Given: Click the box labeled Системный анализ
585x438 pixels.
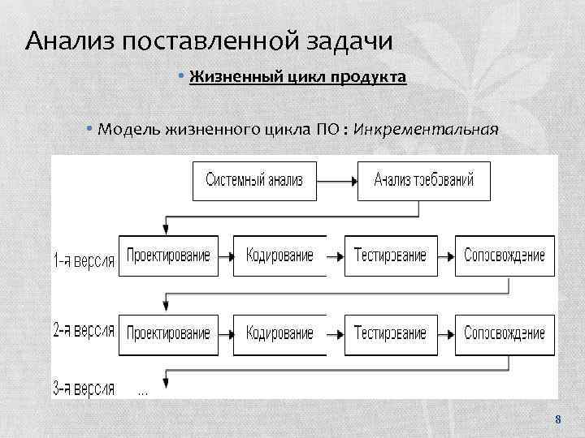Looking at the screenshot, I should (x=254, y=180).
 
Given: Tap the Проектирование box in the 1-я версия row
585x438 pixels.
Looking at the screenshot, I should (x=168, y=255).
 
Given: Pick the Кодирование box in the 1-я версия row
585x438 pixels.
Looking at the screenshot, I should (x=279, y=255).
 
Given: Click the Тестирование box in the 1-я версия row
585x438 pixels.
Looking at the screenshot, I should (x=390, y=255).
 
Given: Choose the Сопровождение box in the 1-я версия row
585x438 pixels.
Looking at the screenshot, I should (x=505, y=255).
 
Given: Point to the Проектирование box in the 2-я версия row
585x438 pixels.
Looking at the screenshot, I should (x=168, y=333).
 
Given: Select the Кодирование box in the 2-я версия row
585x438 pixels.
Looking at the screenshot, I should (x=279, y=333).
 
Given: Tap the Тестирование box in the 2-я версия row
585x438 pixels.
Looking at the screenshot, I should (x=390, y=333).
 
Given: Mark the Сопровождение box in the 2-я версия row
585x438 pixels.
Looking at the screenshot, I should (x=505, y=333).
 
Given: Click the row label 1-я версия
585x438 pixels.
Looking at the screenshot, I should (x=84, y=260).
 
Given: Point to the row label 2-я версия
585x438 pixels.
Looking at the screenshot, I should (x=84, y=333).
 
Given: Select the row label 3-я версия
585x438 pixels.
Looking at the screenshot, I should (x=84, y=388).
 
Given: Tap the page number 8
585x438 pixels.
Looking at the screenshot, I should (x=557, y=420).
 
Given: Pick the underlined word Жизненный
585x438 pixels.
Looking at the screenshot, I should (x=229, y=77).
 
